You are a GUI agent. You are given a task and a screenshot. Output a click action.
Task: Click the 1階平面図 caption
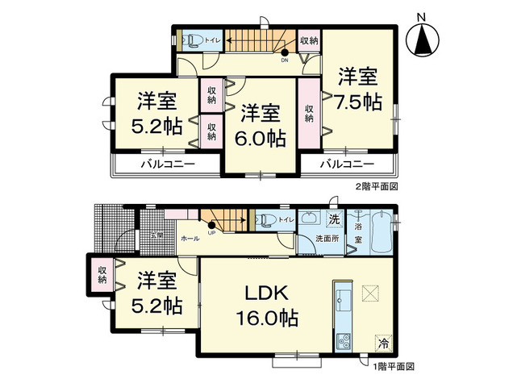pyautogui.click(x=393, y=366)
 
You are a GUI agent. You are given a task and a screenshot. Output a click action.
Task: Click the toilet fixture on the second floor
pyautogui.click(x=191, y=39)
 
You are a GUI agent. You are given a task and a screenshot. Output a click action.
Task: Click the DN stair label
pyautogui.click(x=285, y=60)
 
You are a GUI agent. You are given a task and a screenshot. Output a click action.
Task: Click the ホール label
pyautogui.click(x=190, y=239)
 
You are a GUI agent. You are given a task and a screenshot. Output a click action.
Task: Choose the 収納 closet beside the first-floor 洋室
pyautogui.click(x=103, y=274)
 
